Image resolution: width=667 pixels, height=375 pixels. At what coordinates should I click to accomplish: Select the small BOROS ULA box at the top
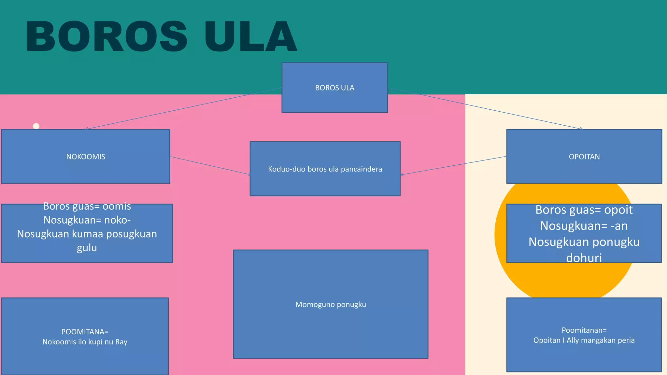334,88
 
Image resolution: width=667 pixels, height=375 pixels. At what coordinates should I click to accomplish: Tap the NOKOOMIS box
86,157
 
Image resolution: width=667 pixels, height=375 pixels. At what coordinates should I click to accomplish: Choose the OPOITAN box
584,157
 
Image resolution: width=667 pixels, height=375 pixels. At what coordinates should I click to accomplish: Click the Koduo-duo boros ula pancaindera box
325,169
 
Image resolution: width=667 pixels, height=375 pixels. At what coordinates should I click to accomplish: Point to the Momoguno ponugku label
331,305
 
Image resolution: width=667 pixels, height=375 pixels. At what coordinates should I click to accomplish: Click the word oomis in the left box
117,206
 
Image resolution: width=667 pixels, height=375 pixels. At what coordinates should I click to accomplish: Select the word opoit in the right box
618,210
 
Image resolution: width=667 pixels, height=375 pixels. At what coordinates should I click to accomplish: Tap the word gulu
87,248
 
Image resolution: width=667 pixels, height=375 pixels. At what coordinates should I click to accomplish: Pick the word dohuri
584,258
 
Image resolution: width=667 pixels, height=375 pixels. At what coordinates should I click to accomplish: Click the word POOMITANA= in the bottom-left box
85,332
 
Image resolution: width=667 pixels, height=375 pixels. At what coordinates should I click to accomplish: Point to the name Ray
121,342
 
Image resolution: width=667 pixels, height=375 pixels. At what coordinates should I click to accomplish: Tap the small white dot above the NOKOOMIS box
36,126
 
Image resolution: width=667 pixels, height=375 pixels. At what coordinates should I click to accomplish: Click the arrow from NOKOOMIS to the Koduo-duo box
210,166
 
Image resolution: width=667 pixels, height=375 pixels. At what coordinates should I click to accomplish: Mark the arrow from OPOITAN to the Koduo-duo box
453,165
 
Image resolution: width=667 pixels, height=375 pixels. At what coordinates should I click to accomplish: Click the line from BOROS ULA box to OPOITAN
485,109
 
